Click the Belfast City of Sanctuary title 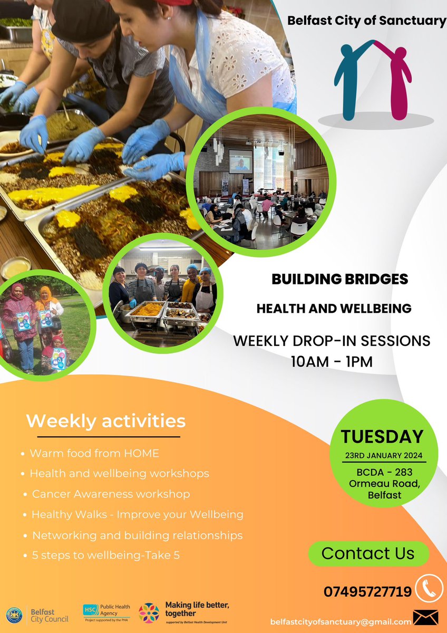tap(366, 21)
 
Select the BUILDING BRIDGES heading tap(339, 279)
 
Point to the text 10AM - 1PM tap(332, 361)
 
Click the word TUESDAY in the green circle tap(382, 437)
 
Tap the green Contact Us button tap(368, 553)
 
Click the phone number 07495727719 tap(367, 592)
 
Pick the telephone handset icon tap(429, 588)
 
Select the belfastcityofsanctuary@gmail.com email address tap(341, 622)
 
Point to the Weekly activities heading tap(106, 421)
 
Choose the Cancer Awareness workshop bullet tap(111, 494)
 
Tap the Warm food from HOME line tap(94, 453)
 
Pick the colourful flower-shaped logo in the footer tap(149, 613)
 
